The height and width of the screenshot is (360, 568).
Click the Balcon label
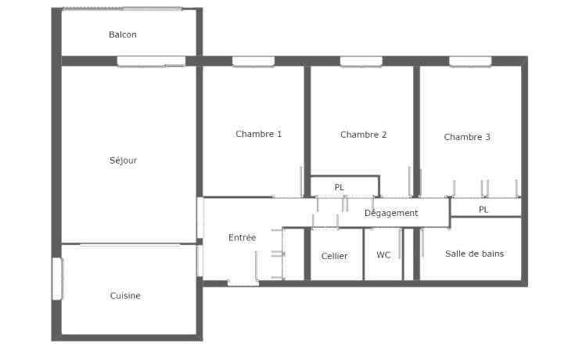[x=123, y=34]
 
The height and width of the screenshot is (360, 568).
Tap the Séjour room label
[x=124, y=160]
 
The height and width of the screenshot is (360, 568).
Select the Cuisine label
[x=125, y=296]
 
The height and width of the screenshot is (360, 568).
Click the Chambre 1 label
[x=259, y=134]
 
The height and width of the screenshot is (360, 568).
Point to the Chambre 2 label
[x=364, y=135]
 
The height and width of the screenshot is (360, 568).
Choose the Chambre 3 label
[x=467, y=137]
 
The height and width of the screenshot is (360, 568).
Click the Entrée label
[x=242, y=237]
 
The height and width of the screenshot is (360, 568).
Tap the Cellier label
[x=335, y=256]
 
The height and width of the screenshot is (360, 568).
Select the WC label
[x=383, y=255]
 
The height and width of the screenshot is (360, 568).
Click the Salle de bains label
[x=474, y=254]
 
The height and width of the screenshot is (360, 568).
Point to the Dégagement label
[x=391, y=213]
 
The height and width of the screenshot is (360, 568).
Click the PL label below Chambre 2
[x=340, y=188]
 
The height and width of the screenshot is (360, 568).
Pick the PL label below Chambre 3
[x=484, y=210]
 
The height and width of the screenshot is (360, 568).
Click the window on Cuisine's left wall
[x=56, y=279]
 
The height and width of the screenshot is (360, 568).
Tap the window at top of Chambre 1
[x=253, y=62]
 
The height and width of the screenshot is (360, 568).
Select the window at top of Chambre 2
[x=361, y=62]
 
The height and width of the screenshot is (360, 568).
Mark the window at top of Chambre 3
[x=470, y=62]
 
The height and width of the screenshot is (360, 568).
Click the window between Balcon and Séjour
[x=152, y=62]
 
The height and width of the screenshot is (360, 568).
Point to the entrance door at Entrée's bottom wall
[x=243, y=283]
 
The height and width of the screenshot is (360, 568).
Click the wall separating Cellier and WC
[x=364, y=254]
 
